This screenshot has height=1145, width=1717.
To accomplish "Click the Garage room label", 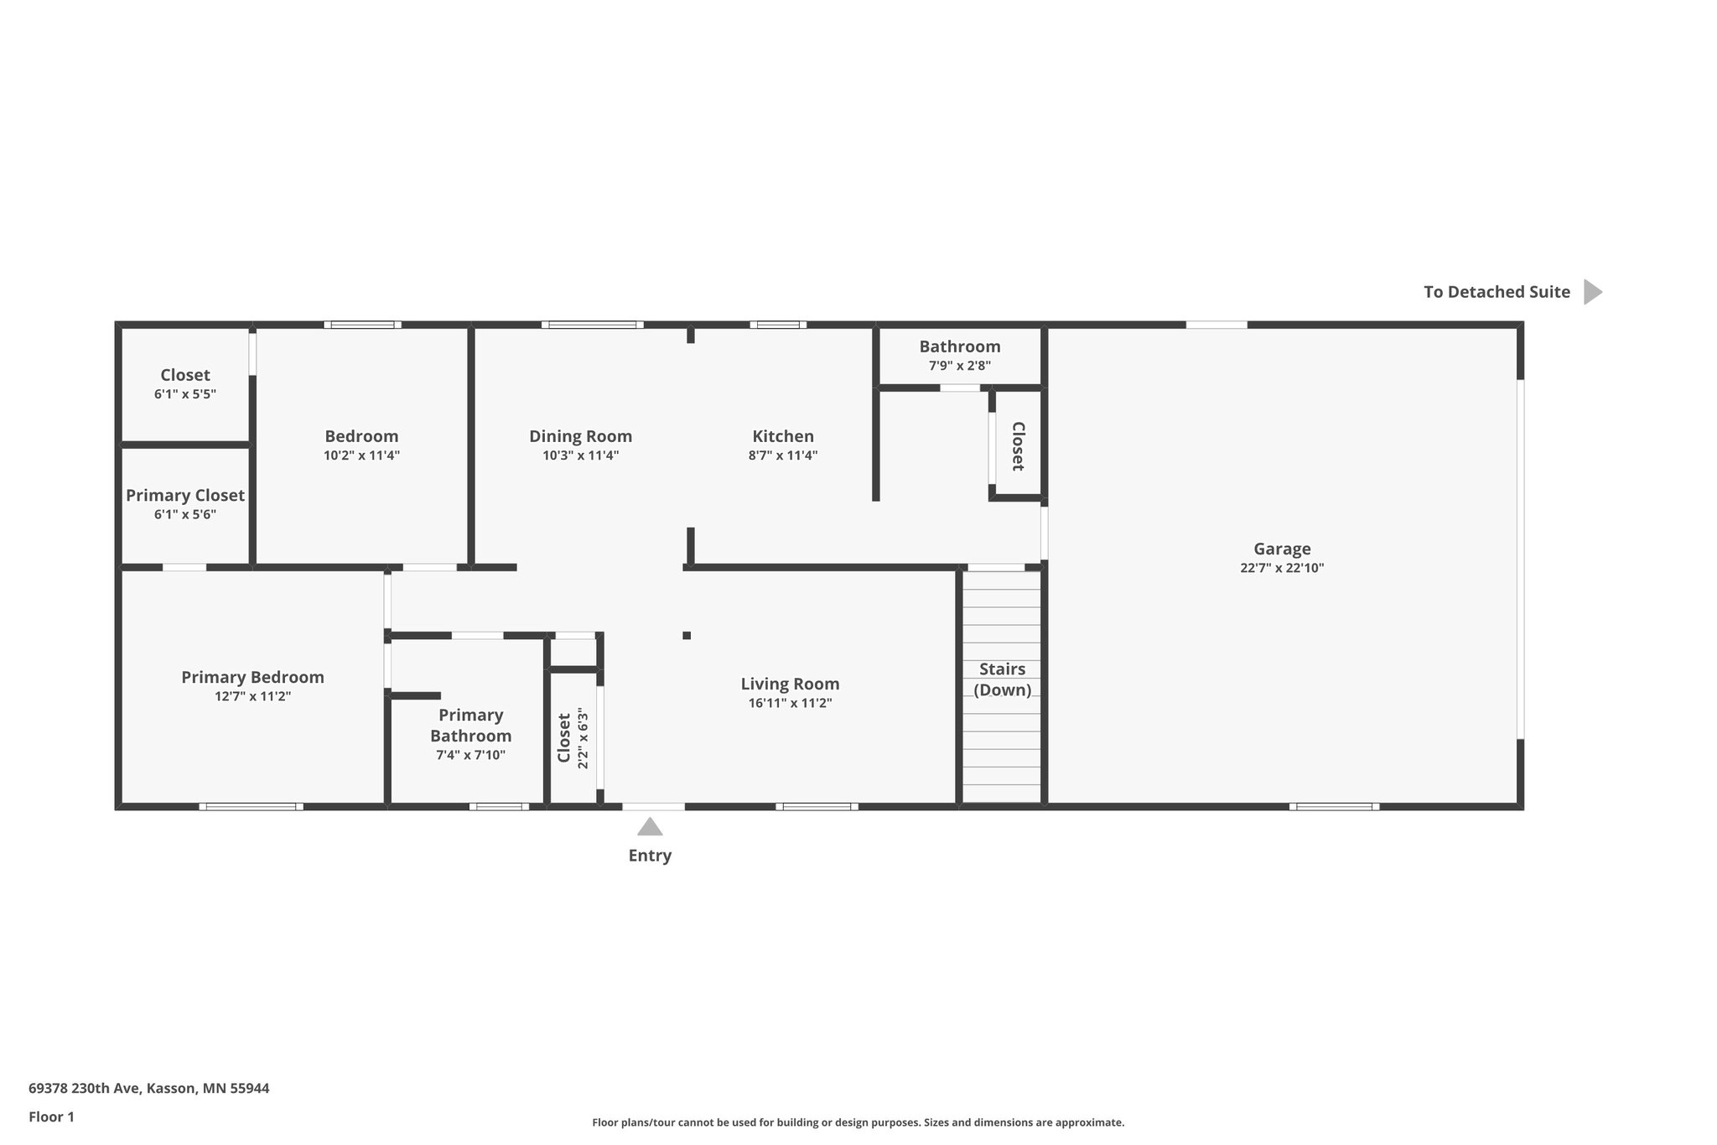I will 1282,549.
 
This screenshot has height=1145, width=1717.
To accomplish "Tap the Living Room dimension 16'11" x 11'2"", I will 790,704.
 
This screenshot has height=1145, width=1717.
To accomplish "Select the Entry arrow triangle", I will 650,828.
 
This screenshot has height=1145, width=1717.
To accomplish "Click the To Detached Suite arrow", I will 1592,292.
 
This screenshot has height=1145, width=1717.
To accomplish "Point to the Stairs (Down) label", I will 1002,679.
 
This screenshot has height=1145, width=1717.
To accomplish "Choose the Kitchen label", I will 782,436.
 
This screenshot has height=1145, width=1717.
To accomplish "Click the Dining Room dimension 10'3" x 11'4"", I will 580,456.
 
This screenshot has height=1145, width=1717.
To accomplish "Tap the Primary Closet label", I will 185,496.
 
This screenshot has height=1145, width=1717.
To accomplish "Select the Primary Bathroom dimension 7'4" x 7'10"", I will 470,756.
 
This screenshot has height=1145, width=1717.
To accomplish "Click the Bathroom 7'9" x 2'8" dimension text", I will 959,367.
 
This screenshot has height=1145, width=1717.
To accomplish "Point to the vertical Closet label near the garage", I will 1018,446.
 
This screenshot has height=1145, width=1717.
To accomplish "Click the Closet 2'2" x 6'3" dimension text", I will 584,739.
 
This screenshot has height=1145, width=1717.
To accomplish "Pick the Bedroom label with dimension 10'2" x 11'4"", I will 361,436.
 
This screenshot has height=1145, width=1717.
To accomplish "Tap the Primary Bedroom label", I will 252,677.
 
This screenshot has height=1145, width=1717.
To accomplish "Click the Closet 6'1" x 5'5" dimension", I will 185,394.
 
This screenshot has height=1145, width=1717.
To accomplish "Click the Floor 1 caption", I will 51,1117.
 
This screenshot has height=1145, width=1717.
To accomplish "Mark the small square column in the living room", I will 687,635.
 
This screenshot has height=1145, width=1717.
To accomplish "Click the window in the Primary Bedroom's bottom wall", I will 251,807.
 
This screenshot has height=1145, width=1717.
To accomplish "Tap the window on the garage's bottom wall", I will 1334,807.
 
